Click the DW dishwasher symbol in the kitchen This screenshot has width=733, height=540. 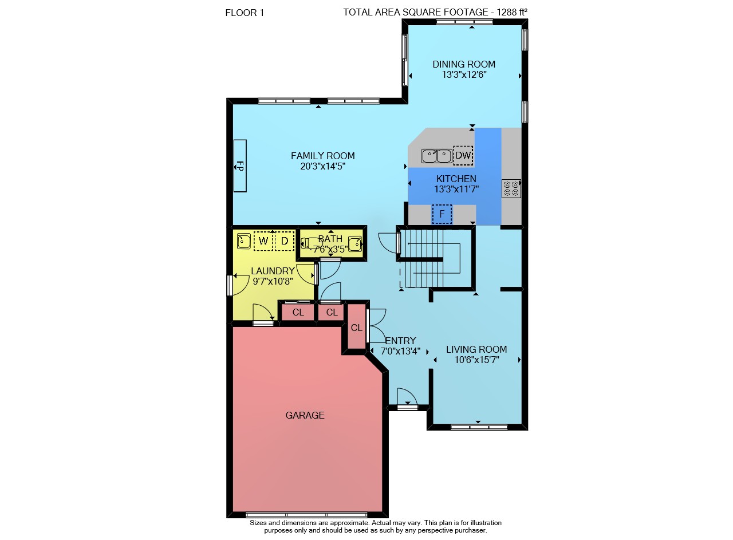pos(463,155)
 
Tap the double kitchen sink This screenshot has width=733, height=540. pos(436,156)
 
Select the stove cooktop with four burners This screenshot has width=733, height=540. pos(511,188)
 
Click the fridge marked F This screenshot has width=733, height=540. pos(442,214)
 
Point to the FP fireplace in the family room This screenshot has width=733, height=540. pos(240,166)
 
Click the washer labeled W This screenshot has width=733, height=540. pos(263,241)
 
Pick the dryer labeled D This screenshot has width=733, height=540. pos(285,241)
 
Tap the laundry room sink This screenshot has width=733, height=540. pos(244,241)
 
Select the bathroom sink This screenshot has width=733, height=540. pos(355,244)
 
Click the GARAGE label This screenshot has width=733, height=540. pos(305,415)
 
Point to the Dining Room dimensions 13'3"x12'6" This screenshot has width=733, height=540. pos(464,74)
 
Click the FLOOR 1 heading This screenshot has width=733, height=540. pos(245,13)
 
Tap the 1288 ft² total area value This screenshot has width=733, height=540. pos(512,12)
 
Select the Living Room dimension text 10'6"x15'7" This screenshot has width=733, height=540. pos(477,360)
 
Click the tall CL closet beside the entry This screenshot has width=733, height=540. pos(356,328)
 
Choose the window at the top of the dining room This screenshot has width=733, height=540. pos(464,22)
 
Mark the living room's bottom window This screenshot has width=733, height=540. pos(479,427)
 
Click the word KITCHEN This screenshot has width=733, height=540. pos(456,179)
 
